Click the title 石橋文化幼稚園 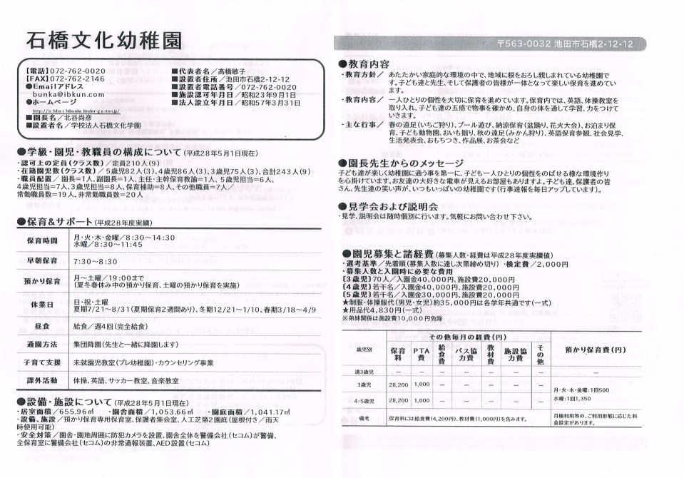click(x=103, y=39)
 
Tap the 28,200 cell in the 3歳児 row click(x=398, y=384)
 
